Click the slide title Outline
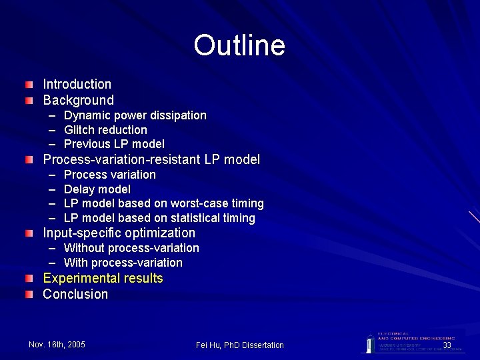pos(239,45)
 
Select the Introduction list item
pos(77,84)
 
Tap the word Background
pos(78,100)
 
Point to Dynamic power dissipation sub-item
pos(135,115)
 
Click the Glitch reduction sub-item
pos(105,129)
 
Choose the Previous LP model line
pos(114,144)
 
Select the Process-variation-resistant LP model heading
pos(151,159)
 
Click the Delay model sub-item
pos(97,189)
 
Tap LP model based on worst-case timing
pos(163,203)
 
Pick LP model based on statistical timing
pos(159,218)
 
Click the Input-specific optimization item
pos(119,233)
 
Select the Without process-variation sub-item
pos(131,248)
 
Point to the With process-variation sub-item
pos(123,263)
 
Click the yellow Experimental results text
pos(103,278)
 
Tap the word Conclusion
pos(75,294)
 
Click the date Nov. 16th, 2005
pos(57,344)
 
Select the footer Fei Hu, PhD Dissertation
pos(240,345)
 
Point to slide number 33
pos(447,345)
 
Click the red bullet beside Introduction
pos(28,85)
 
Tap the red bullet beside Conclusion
pos(28,295)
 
